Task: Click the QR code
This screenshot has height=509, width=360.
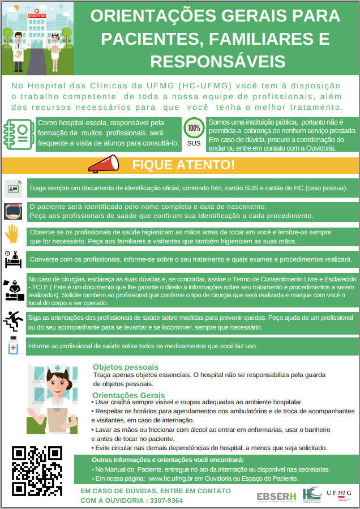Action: pos(37,470)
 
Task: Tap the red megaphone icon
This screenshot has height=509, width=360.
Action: pos(103,164)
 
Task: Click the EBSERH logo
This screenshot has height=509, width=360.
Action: pos(276,497)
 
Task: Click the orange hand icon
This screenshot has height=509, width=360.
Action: pos(12,233)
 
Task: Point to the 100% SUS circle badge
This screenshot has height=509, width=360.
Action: pos(194,128)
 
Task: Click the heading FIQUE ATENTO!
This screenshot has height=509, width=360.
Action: pos(183,165)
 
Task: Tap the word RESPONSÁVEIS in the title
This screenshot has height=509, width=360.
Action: pos(218,61)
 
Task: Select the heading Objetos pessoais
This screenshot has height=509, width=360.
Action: pos(126,367)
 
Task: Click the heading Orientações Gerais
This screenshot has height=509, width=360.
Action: pos(129,395)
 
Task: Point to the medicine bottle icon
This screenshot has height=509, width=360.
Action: pos(12,346)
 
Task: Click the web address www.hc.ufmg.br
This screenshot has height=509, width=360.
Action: pos(175,478)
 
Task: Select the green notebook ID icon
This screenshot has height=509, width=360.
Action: pos(18,134)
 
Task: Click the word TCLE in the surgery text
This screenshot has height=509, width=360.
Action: pos(38,288)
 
